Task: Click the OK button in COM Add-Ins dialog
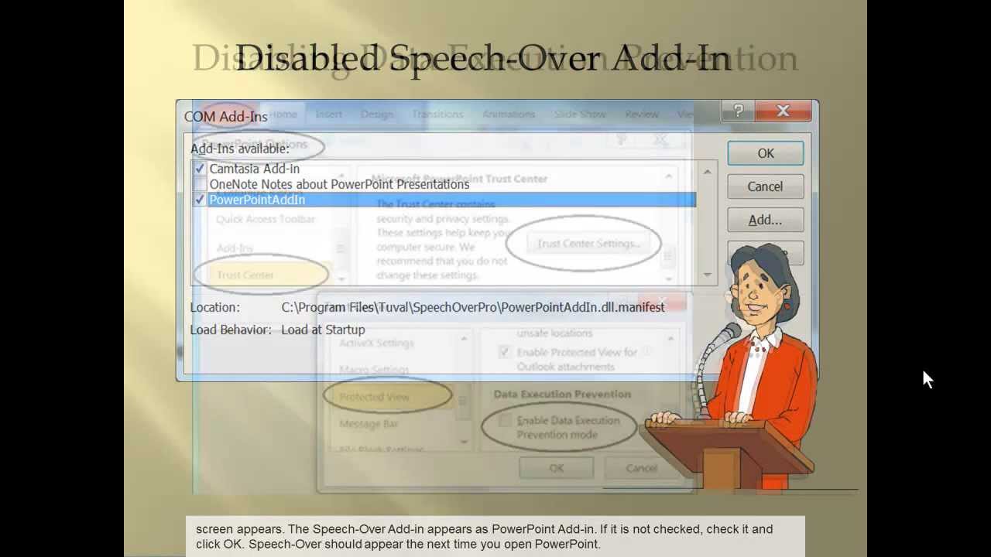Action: coord(765,153)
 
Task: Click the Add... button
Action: coord(765,220)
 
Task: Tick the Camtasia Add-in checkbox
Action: coord(200,169)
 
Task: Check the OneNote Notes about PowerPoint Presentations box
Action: coord(200,184)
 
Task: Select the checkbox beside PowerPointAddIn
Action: coord(200,200)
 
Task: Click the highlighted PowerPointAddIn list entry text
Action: coord(257,200)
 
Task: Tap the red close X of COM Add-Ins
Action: coord(783,111)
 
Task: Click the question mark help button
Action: coord(738,111)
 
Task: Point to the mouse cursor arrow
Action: coord(928,378)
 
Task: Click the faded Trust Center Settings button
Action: coord(588,244)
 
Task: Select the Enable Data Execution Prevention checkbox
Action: coord(505,421)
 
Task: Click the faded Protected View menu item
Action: coord(374,397)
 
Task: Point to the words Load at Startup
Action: coord(323,330)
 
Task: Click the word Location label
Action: coord(215,307)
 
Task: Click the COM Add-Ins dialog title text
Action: coord(225,117)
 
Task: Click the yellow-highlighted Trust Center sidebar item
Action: coord(245,275)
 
